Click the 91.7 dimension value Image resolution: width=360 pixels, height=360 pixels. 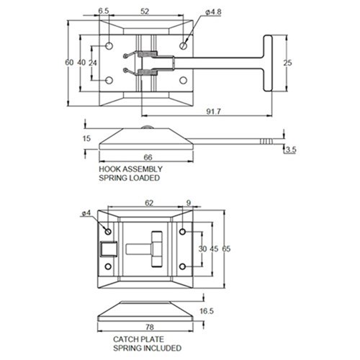pyautogui.click(x=213, y=112)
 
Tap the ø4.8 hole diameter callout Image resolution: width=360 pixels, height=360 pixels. pyautogui.click(x=213, y=12)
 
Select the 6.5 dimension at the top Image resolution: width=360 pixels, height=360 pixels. pyautogui.click(x=104, y=11)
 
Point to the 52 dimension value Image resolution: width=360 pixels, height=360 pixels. pyautogui.click(x=145, y=12)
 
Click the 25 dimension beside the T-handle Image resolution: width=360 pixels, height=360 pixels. pyautogui.click(x=287, y=63)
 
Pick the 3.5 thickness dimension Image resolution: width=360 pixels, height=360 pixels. pyautogui.click(x=291, y=150)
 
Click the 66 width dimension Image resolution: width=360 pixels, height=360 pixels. pyautogui.click(x=148, y=158)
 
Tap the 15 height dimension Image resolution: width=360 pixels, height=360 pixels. pyautogui.click(x=86, y=138)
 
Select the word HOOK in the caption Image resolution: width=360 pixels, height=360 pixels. pyautogui.click(x=109, y=169)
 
